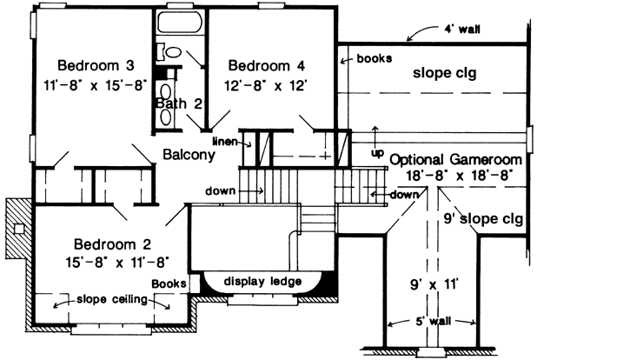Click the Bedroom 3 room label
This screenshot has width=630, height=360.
click(96, 65)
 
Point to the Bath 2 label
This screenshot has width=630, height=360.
click(179, 103)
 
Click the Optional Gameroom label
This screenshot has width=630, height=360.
click(455, 160)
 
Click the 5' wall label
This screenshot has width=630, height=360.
click(432, 321)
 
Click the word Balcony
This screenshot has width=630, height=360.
click(188, 155)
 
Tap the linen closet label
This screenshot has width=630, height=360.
click(224, 141)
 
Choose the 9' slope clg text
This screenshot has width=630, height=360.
click(482, 217)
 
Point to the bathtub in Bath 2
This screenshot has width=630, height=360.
click(180, 24)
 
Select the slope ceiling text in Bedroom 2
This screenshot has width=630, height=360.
click(110, 300)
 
